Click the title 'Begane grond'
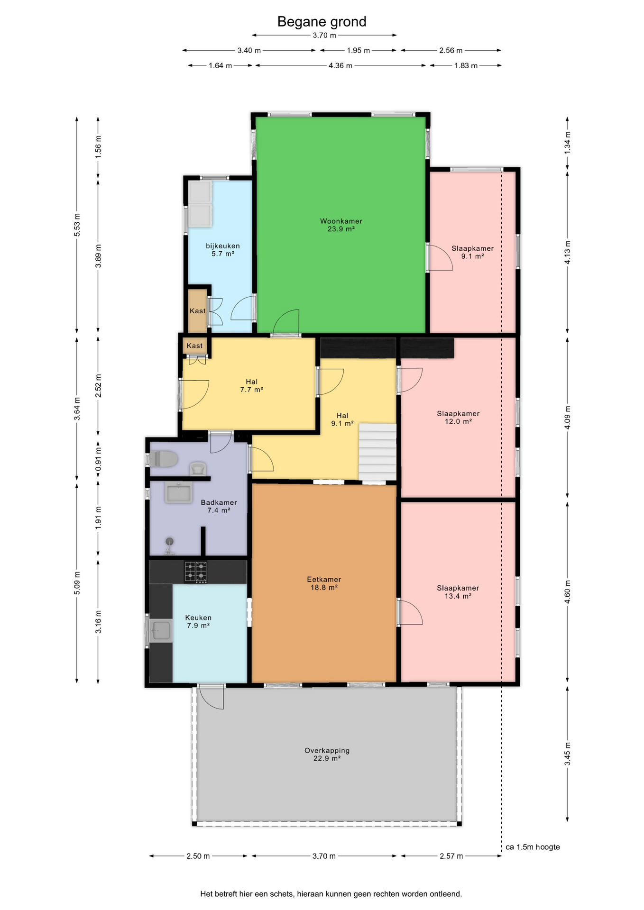pyautogui.click(x=322, y=22)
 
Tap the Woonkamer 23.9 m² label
pyautogui.click(x=341, y=225)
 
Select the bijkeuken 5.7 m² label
pyautogui.click(x=223, y=250)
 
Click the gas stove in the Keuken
pyautogui.click(x=195, y=572)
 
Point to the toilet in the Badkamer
pyautogui.click(x=163, y=459)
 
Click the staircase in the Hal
pyautogui.click(x=377, y=452)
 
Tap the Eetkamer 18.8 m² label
pyautogui.click(x=324, y=583)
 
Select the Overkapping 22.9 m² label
pyautogui.click(x=327, y=754)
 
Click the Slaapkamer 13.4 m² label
pyautogui.click(x=458, y=592)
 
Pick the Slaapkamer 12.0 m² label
pyautogui.click(x=458, y=418)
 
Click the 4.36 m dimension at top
pyautogui.click(x=340, y=65)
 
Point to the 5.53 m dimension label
pyautogui.click(x=77, y=225)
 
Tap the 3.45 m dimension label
pyautogui.click(x=567, y=754)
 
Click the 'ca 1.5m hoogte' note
pyautogui.click(x=533, y=847)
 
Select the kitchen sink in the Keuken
pyautogui.click(x=160, y=630)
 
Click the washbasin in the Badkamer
pyautogui.click(x=179, y=492)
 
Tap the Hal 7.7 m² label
pyautogui.click(x=251, y=386)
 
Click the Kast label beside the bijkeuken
pyautogui.click(x=198, y=311)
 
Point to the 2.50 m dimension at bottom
pyautogui.click(x=198, y=856)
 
